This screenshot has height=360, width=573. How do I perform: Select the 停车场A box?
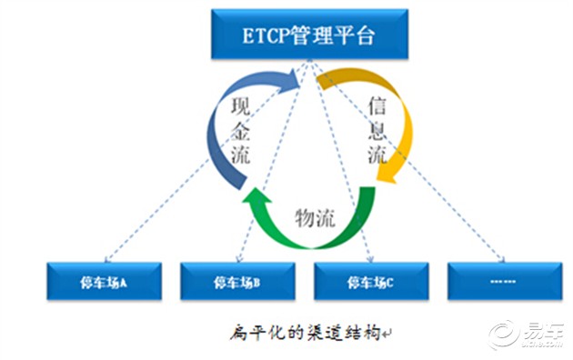tap(103, 282)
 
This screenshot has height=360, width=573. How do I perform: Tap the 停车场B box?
tap(236, 282)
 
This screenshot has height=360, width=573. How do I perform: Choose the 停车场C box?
tap(370, 282)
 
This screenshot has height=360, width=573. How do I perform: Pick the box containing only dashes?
tap(503, 282)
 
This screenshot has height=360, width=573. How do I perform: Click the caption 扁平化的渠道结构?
tap(304, 333)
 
